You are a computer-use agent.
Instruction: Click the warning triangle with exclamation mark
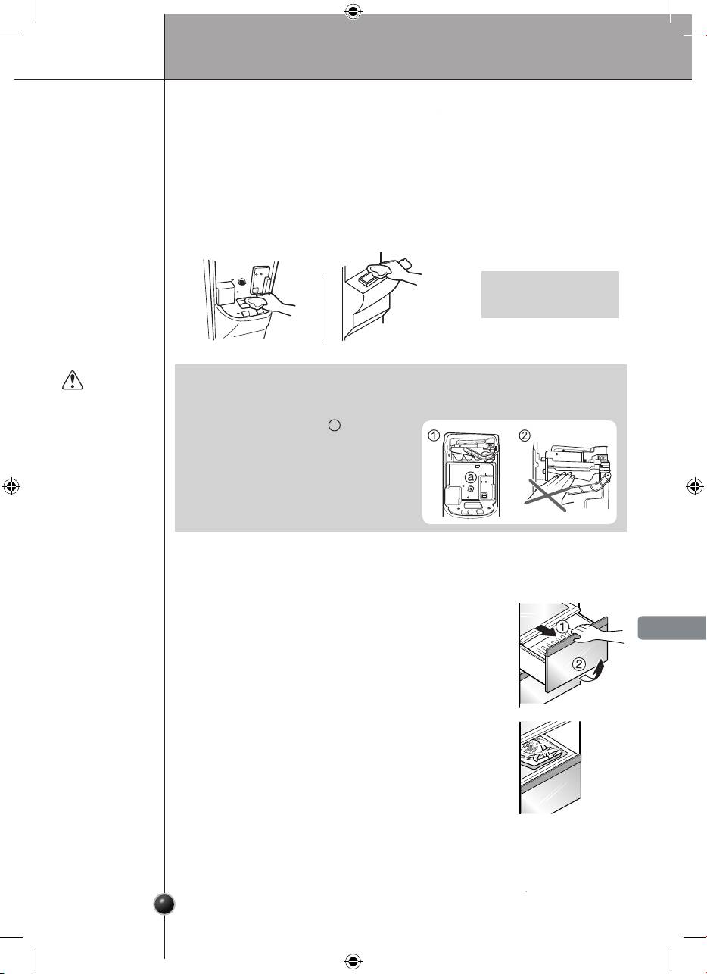[x=72, y=380]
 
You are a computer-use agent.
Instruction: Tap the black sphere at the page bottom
[x=165, y=904]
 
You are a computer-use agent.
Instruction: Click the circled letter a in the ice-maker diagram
[x=471, y=477]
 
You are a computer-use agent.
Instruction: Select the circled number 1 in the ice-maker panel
[x=434, y=435]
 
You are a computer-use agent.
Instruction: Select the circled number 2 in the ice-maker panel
[x=525, y=435]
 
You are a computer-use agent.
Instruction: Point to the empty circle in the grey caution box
[x=334, y=425]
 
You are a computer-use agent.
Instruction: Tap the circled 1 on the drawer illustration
[x=562, y=627]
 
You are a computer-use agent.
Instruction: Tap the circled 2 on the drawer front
[x=579, y=663]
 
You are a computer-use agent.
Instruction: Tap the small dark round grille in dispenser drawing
[x=243, y=281]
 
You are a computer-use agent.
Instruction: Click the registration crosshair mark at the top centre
[x=353, y=12]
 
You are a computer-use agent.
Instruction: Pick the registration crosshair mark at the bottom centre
[x=353, y=961]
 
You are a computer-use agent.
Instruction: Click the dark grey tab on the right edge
[x=672, y=628]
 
